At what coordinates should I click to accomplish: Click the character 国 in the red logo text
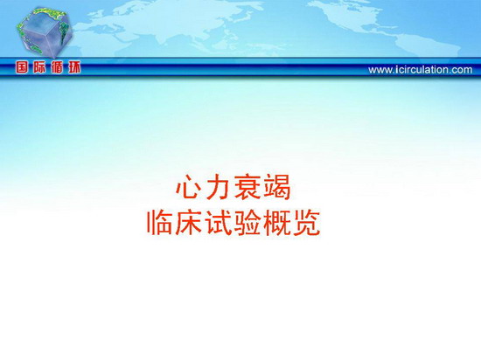point(22,67)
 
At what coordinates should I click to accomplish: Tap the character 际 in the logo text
point(39,67)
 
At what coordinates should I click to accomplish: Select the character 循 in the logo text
point(57,67)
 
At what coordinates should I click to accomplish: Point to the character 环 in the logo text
point(74,67)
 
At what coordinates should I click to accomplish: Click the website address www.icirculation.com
point(421,70)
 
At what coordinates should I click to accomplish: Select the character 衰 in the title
point(247,187)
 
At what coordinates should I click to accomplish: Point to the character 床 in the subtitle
point(190,223)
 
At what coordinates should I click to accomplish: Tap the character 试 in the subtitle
point(219,223)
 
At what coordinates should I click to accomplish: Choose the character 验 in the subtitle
point(247,223)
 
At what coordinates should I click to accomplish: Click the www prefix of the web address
point(380,71)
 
